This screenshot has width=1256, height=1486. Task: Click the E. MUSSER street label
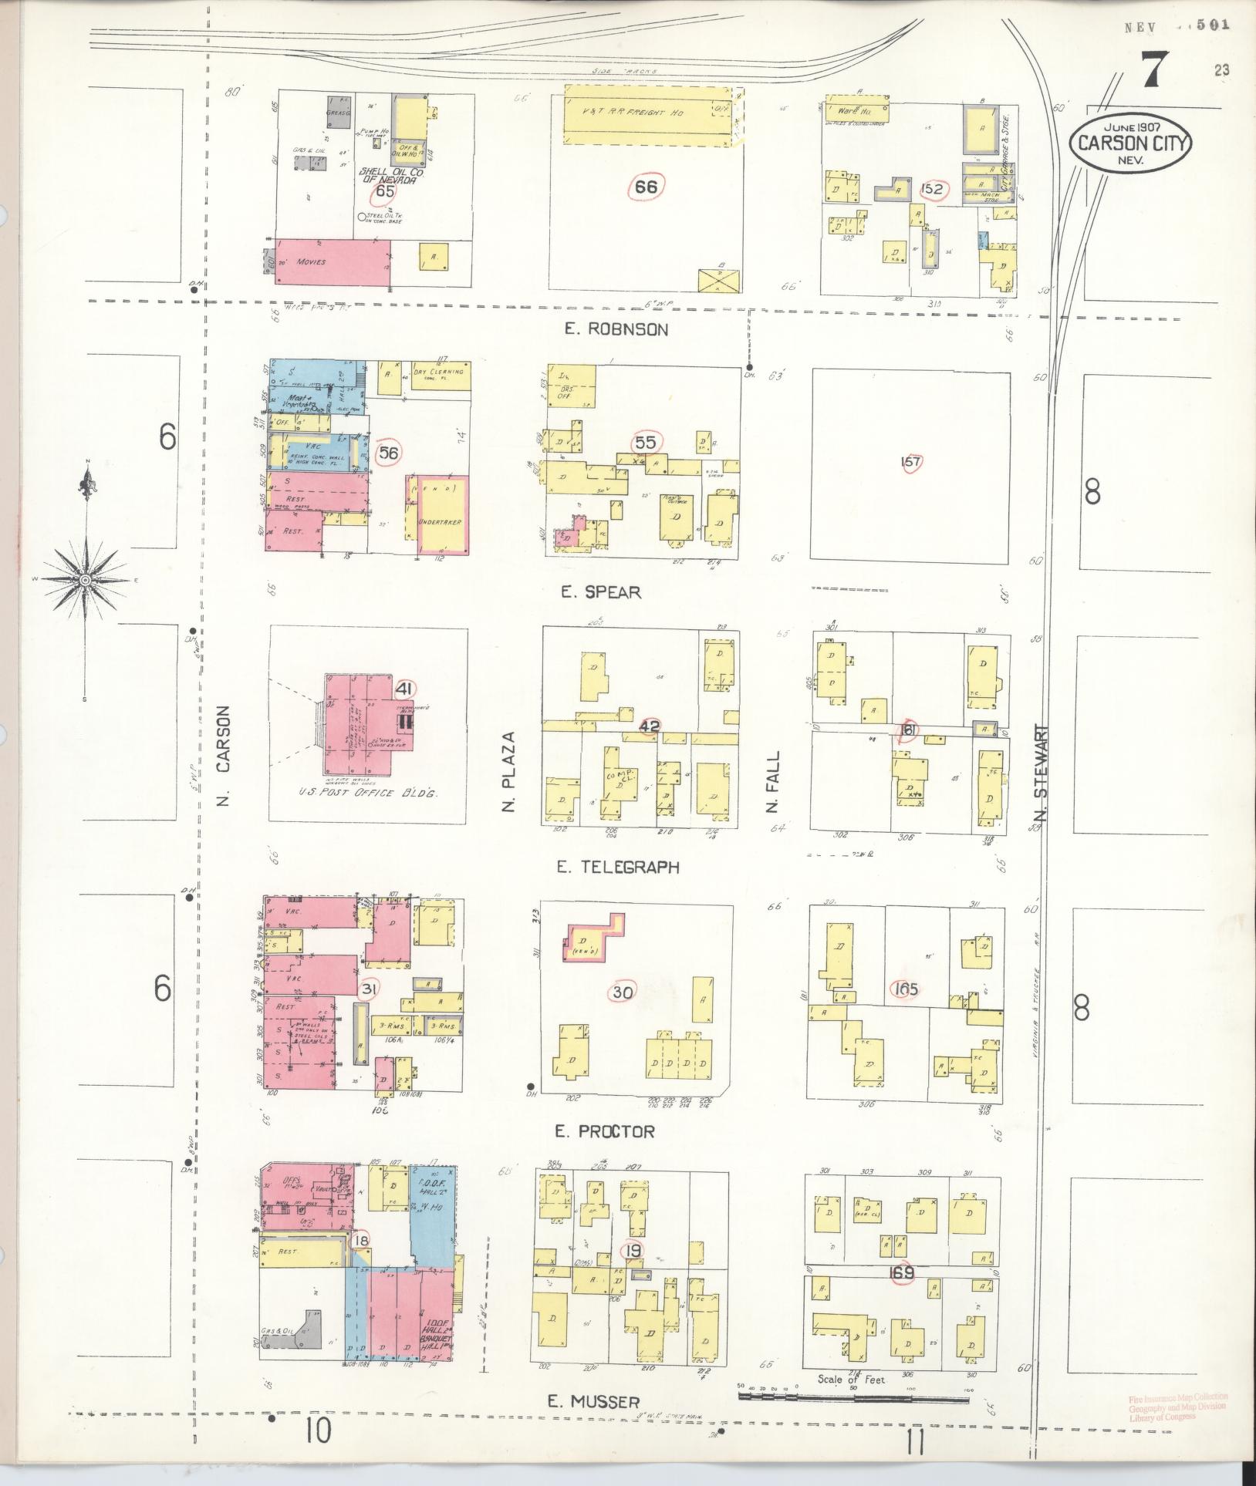[x=593, y=1402]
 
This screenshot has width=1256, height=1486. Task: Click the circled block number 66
[x=646, y=186]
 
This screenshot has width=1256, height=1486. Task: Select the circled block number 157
[x=911, y=462]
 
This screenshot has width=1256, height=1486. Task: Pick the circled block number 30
[x=622, y=992]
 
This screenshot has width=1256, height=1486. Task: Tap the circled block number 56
[x=388, y=453]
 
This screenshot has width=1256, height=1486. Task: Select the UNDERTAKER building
[x=438, y=515]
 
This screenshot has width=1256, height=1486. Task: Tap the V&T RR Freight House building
[x=647, y=114]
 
